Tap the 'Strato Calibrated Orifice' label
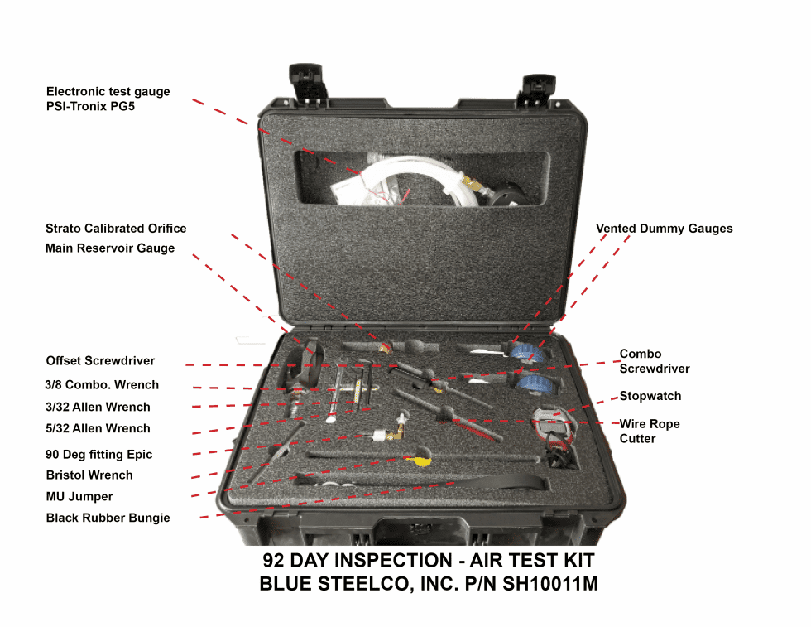pos(116,229)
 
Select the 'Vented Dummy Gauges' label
pos(664,229)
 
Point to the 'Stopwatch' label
pos(650,396)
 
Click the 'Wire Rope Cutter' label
pos(650,431)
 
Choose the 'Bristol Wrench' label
pos(89,475)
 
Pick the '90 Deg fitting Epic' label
pos(99,455)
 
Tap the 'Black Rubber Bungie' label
pos(108,518)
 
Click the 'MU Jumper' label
pos(79,497)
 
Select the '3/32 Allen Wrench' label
pos(98,408)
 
